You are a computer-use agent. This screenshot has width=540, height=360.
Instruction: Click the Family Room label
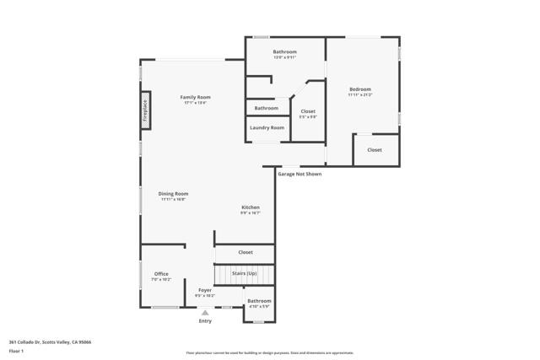(195, 97)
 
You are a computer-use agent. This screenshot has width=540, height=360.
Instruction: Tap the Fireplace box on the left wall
(145, 111)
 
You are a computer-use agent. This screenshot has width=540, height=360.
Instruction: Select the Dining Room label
(173, 194)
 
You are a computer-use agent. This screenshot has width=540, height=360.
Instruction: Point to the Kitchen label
(251, 207)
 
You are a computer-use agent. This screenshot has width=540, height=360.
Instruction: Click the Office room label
(161, 274)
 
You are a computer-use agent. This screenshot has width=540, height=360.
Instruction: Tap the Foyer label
(205, 290)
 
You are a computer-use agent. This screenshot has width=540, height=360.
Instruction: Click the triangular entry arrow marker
(205, 312)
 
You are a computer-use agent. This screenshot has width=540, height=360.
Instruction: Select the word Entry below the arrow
(205, 320)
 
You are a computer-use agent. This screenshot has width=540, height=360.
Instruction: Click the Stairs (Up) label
(245, 273)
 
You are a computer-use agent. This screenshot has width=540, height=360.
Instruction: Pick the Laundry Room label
(267, 127)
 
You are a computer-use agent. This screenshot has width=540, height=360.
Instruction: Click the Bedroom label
(360, 89)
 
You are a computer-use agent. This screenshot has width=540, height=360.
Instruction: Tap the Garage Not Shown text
(300, 174)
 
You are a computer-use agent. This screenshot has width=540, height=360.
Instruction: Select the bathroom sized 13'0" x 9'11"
(284, 52)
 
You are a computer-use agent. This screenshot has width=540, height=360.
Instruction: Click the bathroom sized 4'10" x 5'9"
(259, 301)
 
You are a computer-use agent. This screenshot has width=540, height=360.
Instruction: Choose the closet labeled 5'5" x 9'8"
(308, 111)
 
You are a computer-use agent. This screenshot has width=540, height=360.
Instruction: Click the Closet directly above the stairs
(246, 252)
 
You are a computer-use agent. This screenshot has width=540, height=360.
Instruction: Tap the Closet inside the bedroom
(375, 150)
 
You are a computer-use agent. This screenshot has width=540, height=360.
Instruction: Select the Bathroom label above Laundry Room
(267, 108)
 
